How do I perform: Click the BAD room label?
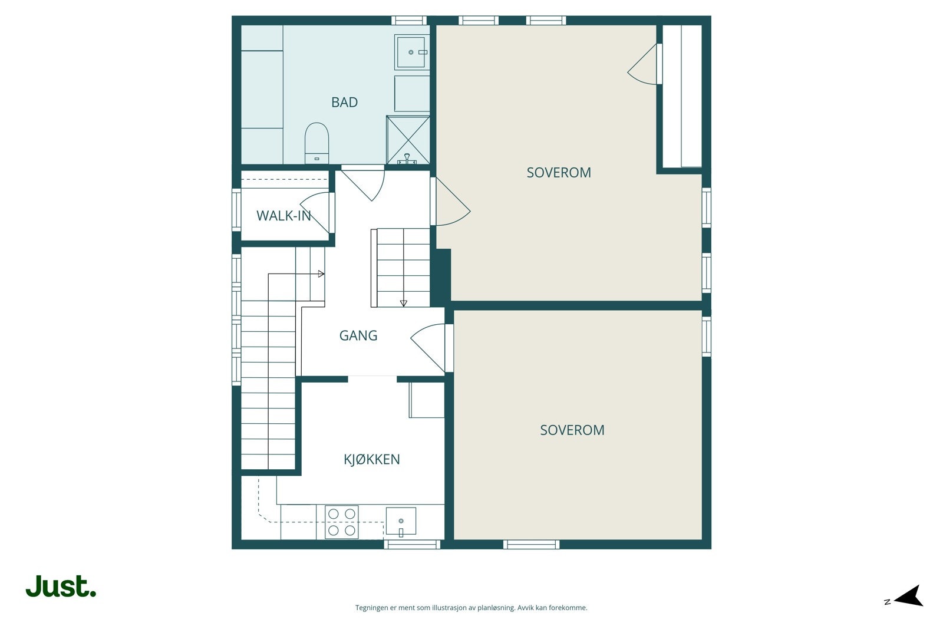[x=344, y=103]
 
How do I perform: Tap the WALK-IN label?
[x=283, y=216]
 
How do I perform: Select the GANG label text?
[x=358, y=335]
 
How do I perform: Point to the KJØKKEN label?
[x=372, y=459]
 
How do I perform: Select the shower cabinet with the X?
[x=408, y=140]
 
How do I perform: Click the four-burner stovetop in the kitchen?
[x=341, y=522]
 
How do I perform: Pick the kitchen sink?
[x=401, y=521]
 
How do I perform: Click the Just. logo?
[x=61, y=586]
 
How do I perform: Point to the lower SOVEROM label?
[x=572, y=430]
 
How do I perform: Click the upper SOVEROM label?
[x=559, y=173]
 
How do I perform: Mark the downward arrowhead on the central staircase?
[x=403, y=303]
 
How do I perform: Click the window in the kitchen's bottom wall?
[x=412, y=544]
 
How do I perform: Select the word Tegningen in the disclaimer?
[x=372, y=608]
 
